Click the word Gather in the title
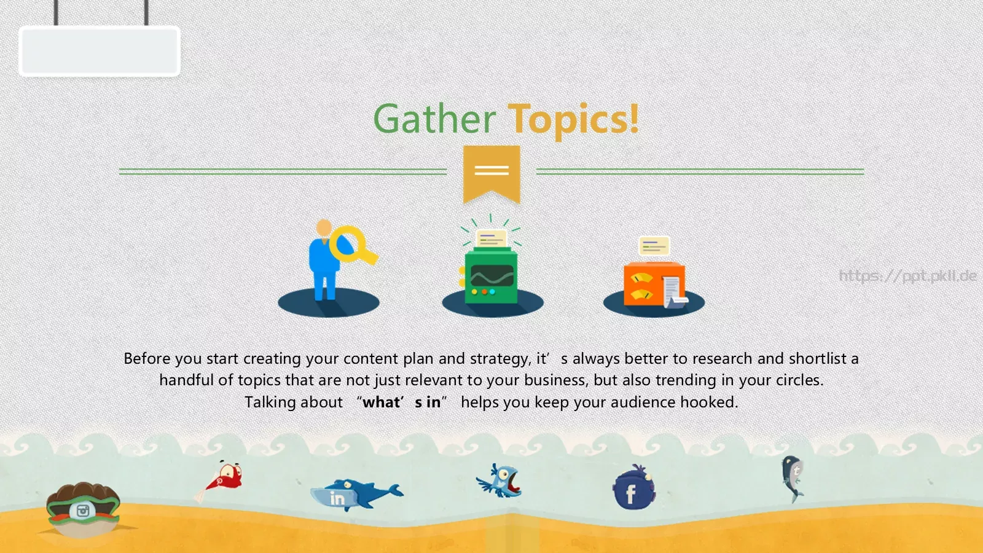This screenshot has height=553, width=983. pyautogui.click(x=434, y=119)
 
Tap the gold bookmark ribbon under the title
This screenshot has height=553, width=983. pyautogui.click(x=491, y=173)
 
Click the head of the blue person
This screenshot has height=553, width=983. pyautogui.click(x=324, y=227)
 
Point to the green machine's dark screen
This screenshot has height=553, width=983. pyautogui.click(x=492, y=276)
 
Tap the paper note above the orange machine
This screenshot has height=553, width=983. pyautogui.click(x=654, y=246)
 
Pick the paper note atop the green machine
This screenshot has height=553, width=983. pyautogui.click(x=491, y=239)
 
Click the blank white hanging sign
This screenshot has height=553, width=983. pyautogui.click(x=99, y=51)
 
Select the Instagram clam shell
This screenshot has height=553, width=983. pyautogui.click(x=82, y=509)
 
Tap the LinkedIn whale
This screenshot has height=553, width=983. pyautogui.click(x=356, y=495)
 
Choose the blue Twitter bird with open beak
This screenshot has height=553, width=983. pyautogui.click(x=500, y=480)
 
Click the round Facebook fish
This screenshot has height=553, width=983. pyautogui.click(x=633, y=488)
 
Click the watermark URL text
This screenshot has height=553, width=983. pyautogui.click(x=907, y=276)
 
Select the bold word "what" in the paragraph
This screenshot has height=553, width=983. pyautogui.click(x=380, y=402)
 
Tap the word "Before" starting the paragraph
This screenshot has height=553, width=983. pyautogui.click(x=147, y=359)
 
